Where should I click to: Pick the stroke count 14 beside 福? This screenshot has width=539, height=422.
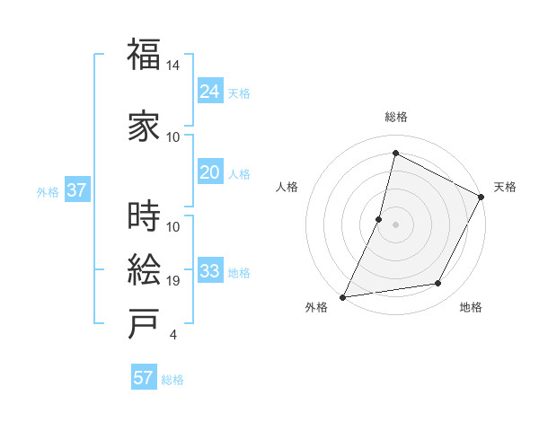173,66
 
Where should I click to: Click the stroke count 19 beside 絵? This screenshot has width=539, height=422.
173,281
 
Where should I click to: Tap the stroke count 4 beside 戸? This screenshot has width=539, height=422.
172,335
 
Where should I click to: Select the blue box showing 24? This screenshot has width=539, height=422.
210,91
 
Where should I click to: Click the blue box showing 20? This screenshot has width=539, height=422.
210,172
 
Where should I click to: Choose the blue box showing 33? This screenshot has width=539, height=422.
210,271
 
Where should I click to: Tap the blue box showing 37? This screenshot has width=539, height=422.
76,190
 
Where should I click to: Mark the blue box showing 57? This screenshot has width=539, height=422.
144,378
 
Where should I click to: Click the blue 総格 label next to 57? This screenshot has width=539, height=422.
172,380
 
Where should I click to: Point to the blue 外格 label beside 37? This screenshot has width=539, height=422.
48,191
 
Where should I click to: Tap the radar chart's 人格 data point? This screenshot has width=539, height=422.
379,219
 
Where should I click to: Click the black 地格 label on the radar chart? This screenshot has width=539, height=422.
471,308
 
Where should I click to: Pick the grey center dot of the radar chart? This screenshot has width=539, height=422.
395,224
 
